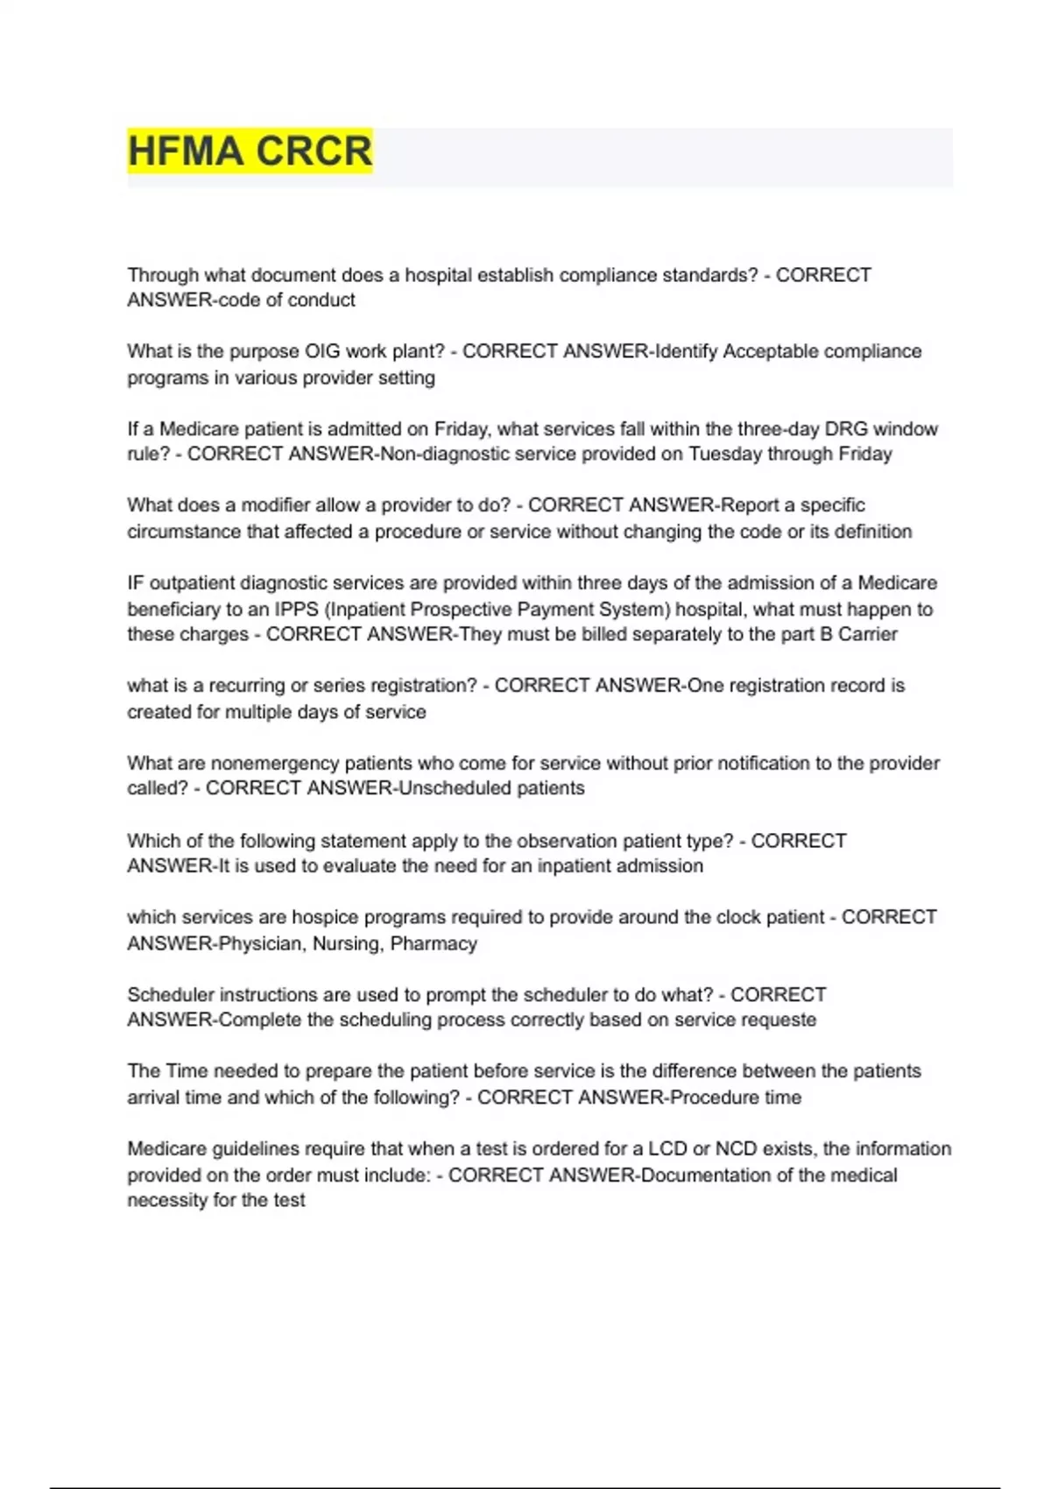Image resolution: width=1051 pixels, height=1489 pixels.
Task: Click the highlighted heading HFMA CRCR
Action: (250, 151)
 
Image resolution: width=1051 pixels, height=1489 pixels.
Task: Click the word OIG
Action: (322, 351)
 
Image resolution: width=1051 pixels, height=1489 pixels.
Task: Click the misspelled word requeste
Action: (779, 1020)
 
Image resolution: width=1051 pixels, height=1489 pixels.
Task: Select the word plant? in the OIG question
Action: (417, 351)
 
